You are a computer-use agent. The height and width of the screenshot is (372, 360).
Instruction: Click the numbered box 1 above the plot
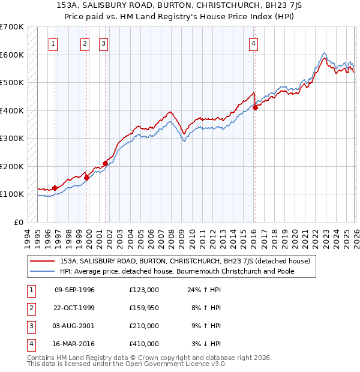(x=53, y=43)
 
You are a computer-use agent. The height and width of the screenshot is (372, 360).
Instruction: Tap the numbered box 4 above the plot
(x=254, y=43)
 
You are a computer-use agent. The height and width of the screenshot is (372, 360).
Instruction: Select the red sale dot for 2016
(x=255, y=108)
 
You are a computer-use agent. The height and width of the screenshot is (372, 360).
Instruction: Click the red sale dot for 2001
(x=105, y=163)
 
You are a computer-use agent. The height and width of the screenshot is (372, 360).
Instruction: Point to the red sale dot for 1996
(x=55, y=188)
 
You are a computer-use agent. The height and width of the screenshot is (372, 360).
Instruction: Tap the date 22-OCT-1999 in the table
(x=74, y=308)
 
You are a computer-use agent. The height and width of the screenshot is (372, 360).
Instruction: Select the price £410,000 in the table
(x=143, y=344)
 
